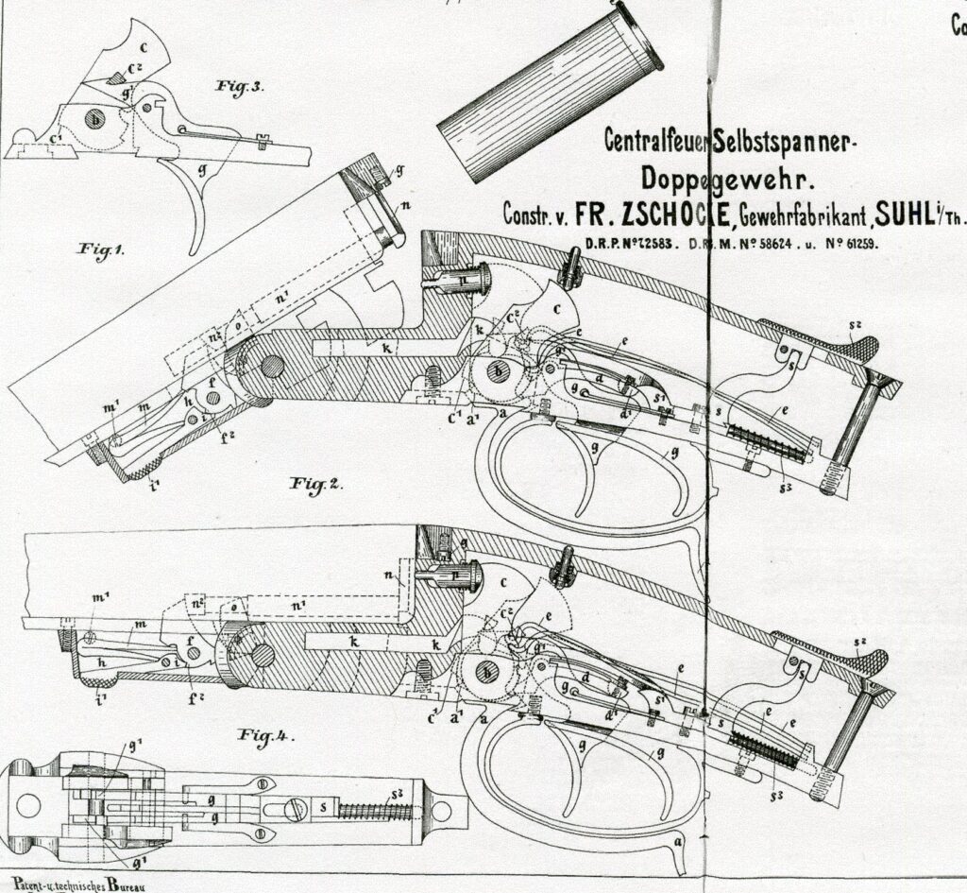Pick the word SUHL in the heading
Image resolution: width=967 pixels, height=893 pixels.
pos(903,215)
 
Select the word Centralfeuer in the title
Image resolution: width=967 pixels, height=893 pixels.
pos(660,142)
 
